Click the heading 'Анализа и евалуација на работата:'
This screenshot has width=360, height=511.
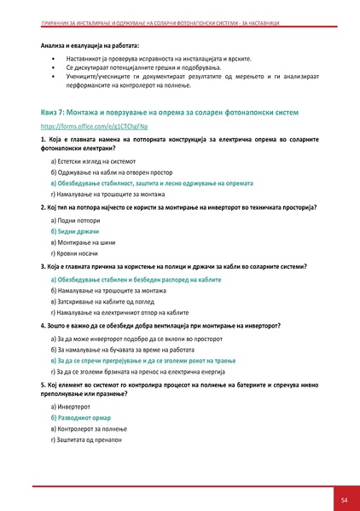pyautogui.click(x=90, y=43)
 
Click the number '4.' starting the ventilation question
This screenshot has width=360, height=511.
pyautogui.click(x=43, y=326)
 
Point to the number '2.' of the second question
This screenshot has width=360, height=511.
pyautogui.click(x=43, y=207)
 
